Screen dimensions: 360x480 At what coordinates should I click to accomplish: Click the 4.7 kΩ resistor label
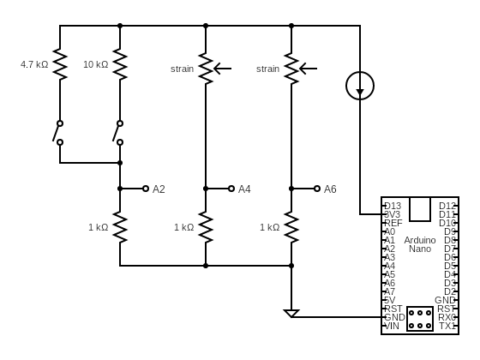(x=34, y=64)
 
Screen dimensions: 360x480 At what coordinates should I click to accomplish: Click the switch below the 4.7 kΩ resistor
(x=58, y=132)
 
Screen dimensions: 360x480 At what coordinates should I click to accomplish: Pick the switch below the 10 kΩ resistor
(x=118, y=132)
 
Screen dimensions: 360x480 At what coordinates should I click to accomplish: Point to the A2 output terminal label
(x=159, y=189)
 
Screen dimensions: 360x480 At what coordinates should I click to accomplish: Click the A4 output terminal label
(x=244, y=189)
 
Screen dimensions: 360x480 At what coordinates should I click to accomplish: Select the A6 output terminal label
(x=330, y=189)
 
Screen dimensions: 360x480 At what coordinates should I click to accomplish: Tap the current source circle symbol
(x=360, y=85)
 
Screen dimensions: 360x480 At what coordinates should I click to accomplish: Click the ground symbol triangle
(x=291, y=313)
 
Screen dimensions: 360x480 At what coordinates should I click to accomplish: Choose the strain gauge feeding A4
(x=206, y=69)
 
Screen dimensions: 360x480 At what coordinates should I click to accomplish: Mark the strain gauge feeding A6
(x=291, y=69)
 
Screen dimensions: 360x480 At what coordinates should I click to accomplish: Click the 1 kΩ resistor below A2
(x=120, y=227)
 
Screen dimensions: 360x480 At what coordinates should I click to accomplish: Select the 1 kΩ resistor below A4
(x=206, y=227)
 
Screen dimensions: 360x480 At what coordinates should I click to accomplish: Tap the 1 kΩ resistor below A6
(x=291, y=227)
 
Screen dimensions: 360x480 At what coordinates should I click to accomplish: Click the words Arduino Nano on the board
(x=420, y=244)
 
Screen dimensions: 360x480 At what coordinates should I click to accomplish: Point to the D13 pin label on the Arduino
(x=393, y=206)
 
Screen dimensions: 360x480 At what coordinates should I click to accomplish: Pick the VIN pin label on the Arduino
(x=393, y=326)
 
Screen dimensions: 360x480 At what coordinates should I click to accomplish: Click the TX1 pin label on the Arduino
(x=447, y=326)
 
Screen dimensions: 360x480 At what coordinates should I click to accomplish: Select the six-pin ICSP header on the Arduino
(x=420, y=319)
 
